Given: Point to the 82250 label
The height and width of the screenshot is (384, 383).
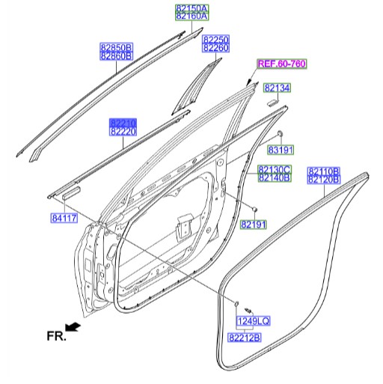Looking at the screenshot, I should point(215,39).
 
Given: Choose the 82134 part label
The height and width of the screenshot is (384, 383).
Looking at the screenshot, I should point(276,88).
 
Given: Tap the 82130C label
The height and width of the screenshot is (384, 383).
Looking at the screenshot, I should point(275,170).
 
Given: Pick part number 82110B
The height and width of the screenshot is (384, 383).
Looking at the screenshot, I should point(324,171).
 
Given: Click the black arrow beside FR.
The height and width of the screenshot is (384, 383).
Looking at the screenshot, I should point(73,326).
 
